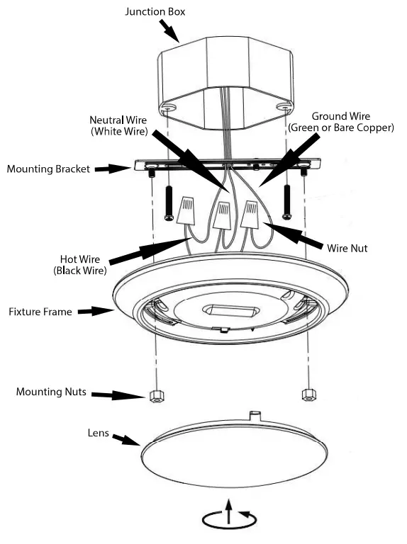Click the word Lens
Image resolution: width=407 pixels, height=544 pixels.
tap(97, 432)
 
